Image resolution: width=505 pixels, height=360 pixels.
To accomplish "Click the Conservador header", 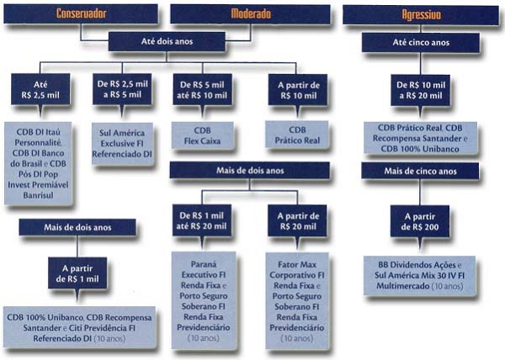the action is tap(81, 13).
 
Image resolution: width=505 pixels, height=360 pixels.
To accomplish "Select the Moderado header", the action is tap(250, 13).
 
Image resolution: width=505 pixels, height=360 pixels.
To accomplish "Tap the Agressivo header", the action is tap(421, 14).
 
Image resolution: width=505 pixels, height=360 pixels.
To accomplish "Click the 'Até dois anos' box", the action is tap(167, 41).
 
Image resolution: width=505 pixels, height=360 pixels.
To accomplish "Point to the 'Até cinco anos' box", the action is tap(421, 42).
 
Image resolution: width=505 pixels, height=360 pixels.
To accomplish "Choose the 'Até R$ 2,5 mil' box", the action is tap(40, 89).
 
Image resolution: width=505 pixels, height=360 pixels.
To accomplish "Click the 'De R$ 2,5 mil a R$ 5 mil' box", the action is tap(122, 89).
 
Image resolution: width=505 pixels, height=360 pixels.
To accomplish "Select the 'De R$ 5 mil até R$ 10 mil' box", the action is tap(202, 90).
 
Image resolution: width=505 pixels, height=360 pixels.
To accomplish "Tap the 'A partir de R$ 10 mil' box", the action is tap(298, 90).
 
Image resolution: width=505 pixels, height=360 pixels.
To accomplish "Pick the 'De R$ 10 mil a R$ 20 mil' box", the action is tap(421, 90).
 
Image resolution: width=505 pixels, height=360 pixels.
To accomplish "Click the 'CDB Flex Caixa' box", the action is tap(202, 135).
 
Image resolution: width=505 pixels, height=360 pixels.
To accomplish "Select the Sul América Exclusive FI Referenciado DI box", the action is tap(122, 144).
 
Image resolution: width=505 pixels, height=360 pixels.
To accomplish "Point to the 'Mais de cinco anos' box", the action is tap(420, 171).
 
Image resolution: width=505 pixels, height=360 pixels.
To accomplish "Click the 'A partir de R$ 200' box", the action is tap(420, 221).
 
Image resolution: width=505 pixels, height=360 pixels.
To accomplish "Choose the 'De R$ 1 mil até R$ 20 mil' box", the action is tap(202, 220).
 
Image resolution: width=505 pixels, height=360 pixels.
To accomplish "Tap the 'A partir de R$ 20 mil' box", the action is tap(298, 220).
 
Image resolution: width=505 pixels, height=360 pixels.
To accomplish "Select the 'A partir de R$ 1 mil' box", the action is tap(77, 273).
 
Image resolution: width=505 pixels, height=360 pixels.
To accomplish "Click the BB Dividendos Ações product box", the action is tap(420, 276).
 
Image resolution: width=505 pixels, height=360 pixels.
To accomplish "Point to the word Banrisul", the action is tap(38, 195).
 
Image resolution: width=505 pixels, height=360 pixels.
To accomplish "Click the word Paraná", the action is tap(204, 264).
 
